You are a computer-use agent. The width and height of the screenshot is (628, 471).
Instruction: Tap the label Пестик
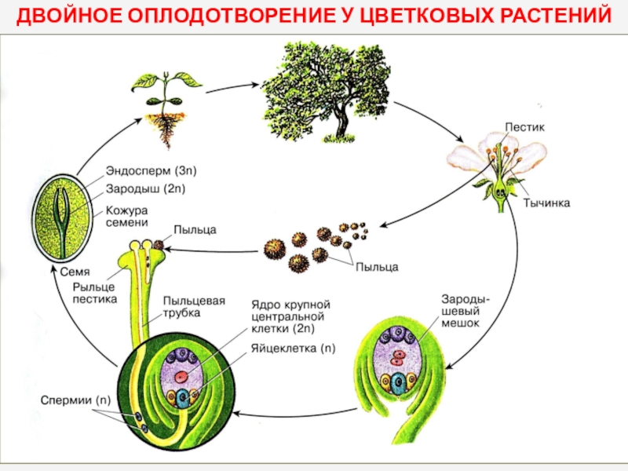[521, 126]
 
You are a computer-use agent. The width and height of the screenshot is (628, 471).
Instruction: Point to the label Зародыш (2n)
[145, 188]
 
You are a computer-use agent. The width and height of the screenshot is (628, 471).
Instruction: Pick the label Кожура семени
[128, 217]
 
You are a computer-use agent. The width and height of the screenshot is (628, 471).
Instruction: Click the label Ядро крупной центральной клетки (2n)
[291, 316]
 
